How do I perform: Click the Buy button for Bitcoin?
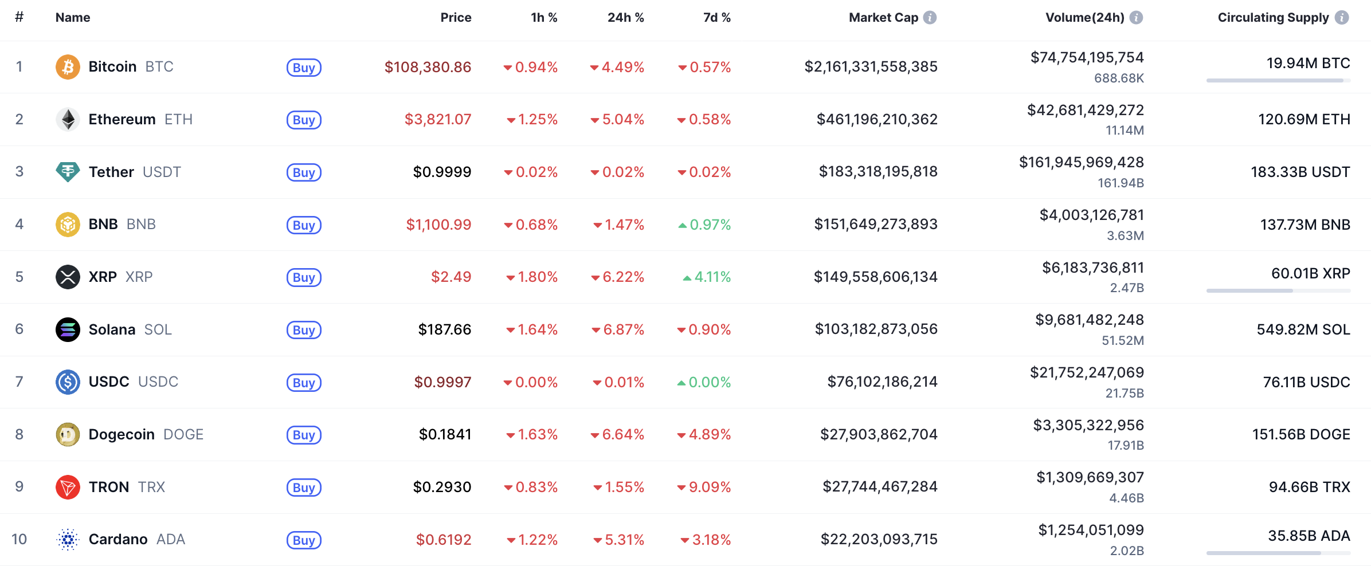[x=304, y=68]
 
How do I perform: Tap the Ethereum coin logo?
[x=68, y=119]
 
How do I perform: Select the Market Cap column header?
[x=883, y=18]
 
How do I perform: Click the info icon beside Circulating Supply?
[x=1342, y=18]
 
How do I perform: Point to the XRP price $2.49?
[x=451, y=277]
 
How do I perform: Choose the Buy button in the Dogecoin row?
[x=304, y=435]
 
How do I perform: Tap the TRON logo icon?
[x=68, y=487]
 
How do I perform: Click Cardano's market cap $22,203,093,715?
[x=879, y=539]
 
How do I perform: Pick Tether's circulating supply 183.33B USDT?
[x=1300, y=172]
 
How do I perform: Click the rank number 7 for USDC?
[x=19, y=382]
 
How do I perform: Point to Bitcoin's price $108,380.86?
[x=428, y=67]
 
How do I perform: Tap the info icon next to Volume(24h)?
[x=1136, y=18]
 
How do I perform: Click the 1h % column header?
[x=544, y=18]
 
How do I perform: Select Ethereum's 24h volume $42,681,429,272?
[x=1085, y=110]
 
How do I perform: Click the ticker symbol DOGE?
[x=183, y=434]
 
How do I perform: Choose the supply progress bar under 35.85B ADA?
[x=1278, y=553]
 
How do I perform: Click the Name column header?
[x=73, y=18]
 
